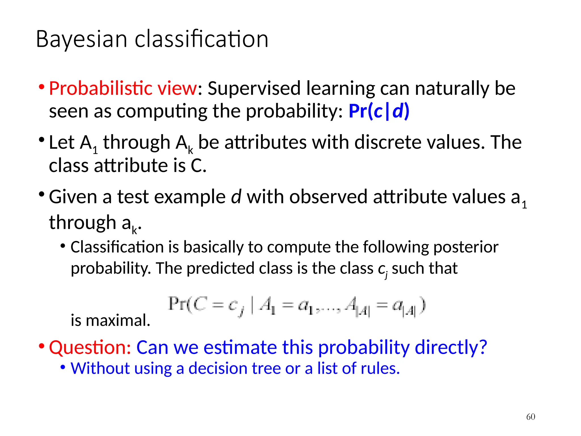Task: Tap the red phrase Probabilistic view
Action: coord(123,88)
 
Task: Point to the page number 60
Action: coord(531,417)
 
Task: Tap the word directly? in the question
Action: coord(451,347)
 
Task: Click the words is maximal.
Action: coord(110,320)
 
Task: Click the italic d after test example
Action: coord(236,197)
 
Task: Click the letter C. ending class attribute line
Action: coord(198,165)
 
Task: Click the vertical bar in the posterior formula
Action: coord(252,305)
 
